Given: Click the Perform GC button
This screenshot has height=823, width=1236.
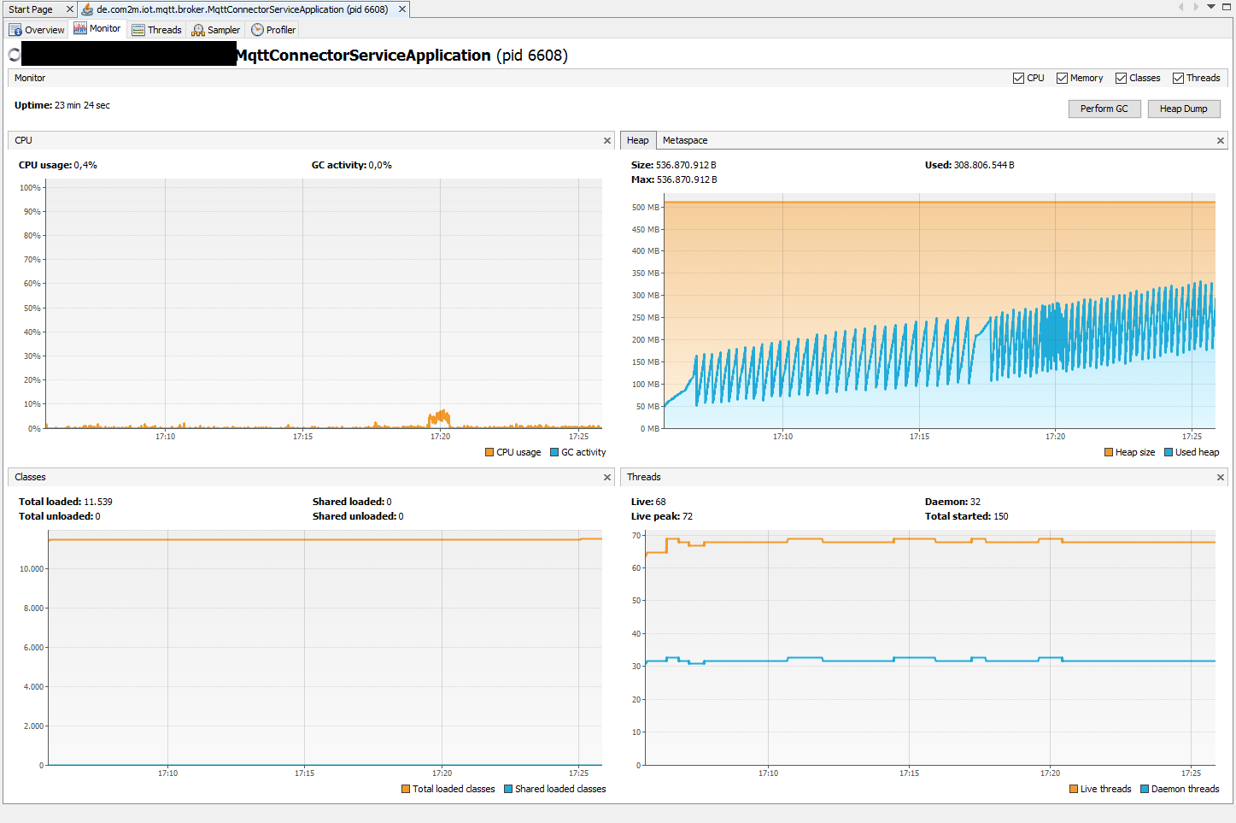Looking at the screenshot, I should pyautogui.click(x=1104, y=109).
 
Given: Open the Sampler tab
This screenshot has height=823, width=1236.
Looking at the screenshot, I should pyautogui.click(x=216, y=30).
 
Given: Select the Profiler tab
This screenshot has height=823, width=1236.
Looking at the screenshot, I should pyautogui.click(x=273, y=30).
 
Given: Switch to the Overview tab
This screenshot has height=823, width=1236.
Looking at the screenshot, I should pyautogui.click(x=37, y=30).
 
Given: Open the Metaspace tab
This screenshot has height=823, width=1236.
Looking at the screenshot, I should pyautogui.click(x=684, y=140).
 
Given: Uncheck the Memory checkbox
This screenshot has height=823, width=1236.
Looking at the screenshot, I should pyautogui.click(x=1062, y=78).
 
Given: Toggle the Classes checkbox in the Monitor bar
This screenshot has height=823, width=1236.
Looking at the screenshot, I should pyautogui.click(x=1121, y=78).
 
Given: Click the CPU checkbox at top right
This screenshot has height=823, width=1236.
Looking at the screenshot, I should pyautogui.click(x=1018, y=78).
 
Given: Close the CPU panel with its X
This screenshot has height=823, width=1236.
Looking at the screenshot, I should pyautogui.click(x=607, y=140).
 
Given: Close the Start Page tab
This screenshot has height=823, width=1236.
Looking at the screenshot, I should pyautogui.click(x=70, y=9).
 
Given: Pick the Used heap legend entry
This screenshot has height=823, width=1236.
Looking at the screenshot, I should pyautogui.click(x=1192, y=452).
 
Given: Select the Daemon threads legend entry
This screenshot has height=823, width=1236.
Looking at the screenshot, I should pyautogui.click(x=1180, y=789).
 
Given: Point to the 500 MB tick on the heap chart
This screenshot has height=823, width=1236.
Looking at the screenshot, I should pyautogui.click(x=645, y=207).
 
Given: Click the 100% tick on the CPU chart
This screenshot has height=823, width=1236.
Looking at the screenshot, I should pyautogui.click(x=30, y=188).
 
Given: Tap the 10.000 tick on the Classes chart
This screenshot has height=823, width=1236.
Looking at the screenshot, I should pyautogui.click(x=32, y=568).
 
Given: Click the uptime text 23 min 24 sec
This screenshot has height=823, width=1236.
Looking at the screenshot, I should pyautogui.click(x=82, y=105).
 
